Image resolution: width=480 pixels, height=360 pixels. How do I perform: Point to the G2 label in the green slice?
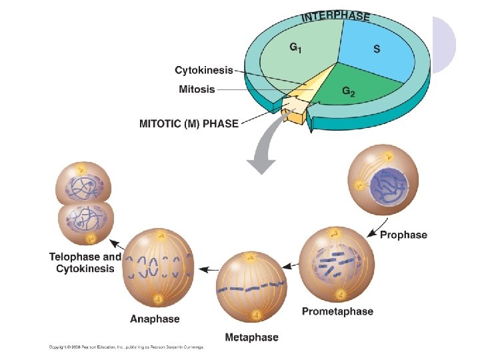(348, 93)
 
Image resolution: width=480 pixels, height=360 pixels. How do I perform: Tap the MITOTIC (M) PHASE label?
(188, 124)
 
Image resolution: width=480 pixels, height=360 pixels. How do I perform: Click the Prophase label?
(403, 235)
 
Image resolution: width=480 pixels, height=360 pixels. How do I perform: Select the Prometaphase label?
(337, 311)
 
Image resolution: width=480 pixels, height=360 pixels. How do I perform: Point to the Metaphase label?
(251, 338)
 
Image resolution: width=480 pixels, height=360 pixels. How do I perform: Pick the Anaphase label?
(155, 319)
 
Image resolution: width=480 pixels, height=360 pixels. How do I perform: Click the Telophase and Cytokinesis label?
(85, 263)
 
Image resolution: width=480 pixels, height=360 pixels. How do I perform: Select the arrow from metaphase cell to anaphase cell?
(209, 269)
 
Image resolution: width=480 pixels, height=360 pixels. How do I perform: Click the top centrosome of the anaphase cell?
(160, 235)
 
